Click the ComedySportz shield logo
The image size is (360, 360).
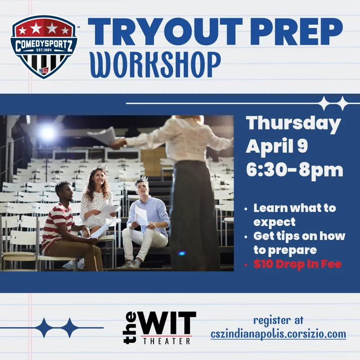44,46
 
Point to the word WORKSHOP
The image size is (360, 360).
155,65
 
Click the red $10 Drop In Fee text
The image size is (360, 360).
297,264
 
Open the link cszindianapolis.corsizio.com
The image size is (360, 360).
278,334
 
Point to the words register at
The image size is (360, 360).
279,320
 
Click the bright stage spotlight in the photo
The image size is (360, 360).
47,133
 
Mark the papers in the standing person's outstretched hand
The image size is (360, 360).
103,136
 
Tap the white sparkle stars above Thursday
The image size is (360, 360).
333,103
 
